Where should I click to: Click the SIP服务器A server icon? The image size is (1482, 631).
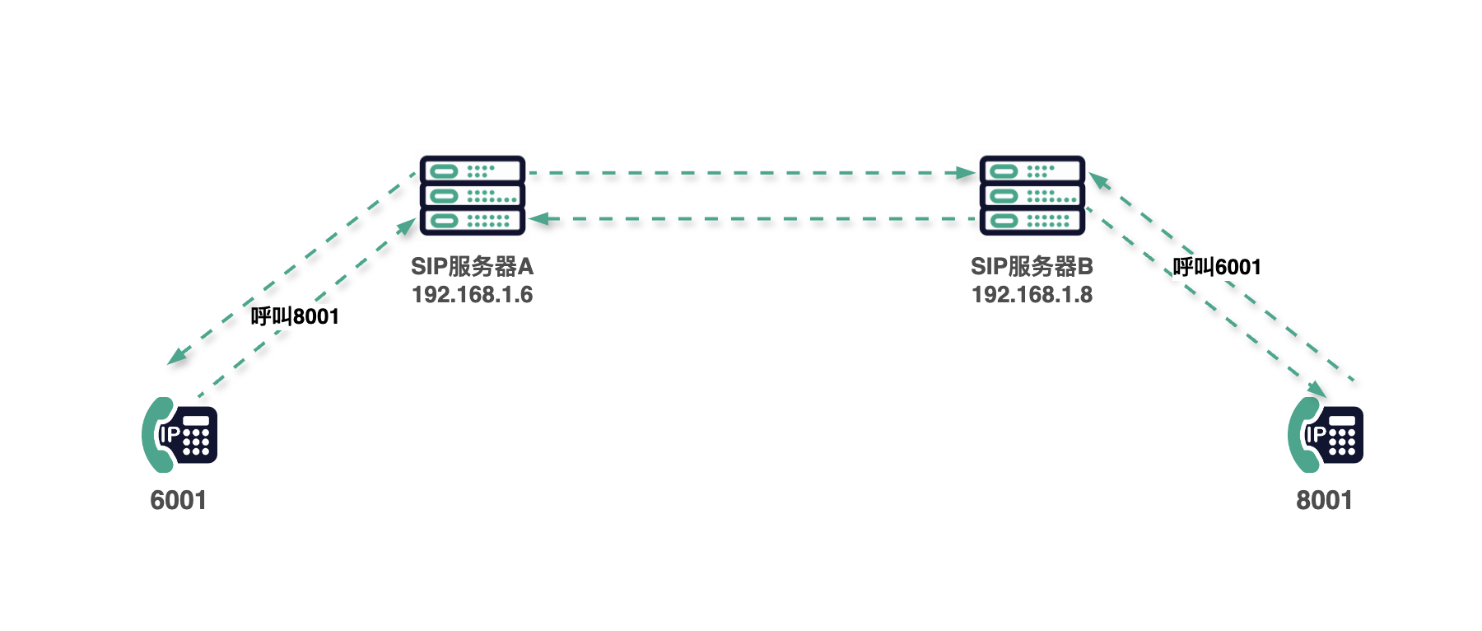click(473, 195)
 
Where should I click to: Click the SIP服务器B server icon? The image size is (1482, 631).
click(1032, 195)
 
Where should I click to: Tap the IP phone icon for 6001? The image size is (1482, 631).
click(179, 435)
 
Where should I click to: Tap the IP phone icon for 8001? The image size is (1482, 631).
click(1326, 435)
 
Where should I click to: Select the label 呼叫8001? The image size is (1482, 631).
click(295, 316)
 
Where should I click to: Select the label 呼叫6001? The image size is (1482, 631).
click(1217, 267)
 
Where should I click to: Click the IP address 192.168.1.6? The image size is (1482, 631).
click(473, 295)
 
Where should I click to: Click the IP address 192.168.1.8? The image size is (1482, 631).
click(1032, 295)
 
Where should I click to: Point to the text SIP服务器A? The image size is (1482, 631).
click(473, 266)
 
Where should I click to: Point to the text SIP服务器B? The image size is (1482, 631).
click(1032, 266)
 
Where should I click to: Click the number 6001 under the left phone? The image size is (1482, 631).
click(179, 500)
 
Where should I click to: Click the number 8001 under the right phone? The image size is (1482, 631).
click(1325, 500)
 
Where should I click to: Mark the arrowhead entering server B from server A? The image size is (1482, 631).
click(967, 173)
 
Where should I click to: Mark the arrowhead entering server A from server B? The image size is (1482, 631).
click(539, 219)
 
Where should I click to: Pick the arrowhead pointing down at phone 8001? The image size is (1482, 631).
click(1317, 389)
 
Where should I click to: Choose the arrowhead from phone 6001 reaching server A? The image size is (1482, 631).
click(407, 226)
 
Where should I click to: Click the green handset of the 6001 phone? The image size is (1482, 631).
click(156, 435)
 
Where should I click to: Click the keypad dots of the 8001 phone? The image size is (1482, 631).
click(1342, 442)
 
